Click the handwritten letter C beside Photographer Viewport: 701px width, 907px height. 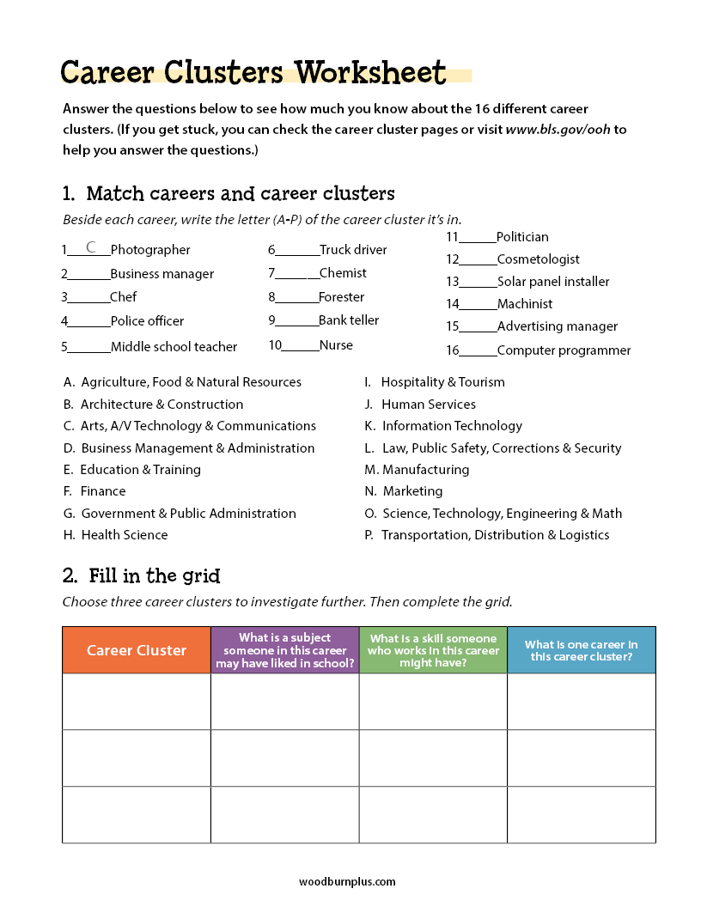pos(91,248)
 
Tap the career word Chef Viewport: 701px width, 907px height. pos(123,297)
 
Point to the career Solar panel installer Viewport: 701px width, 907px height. pos(552,282)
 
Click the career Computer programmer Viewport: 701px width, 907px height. pos(564,350)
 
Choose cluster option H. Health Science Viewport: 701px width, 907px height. pos(116,535)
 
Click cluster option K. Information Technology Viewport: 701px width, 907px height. pos(443,426)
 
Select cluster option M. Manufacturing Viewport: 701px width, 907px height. pos(417,470)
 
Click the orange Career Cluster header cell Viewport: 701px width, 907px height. pos(137,650)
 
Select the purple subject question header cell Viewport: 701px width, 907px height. pos(284,650)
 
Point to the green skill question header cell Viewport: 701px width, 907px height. pos(433,650)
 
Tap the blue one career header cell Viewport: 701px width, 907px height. pos(581,650)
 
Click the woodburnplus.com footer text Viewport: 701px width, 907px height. pos(347,881)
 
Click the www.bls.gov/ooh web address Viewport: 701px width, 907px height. pos(558,131)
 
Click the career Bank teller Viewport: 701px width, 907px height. pos(348,320)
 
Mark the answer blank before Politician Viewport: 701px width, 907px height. pos(479,239)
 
